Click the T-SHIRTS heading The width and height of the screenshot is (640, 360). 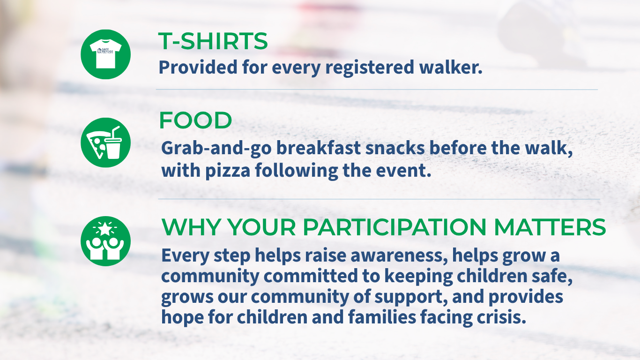pos(213,41)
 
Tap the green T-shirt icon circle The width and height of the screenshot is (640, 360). pos(106,54)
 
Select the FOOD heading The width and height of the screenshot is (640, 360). pos(195,120)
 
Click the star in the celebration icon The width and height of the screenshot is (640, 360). pos(105,229)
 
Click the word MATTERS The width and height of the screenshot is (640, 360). pos(550,227)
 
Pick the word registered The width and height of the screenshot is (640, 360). pos(370,68)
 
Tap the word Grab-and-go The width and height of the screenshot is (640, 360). pos(216,149)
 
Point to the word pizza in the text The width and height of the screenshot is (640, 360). pos(228,171)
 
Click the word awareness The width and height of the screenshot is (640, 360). pos(399,255)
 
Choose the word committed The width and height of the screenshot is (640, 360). pos(311,276)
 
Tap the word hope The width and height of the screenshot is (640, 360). pos(182,318)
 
